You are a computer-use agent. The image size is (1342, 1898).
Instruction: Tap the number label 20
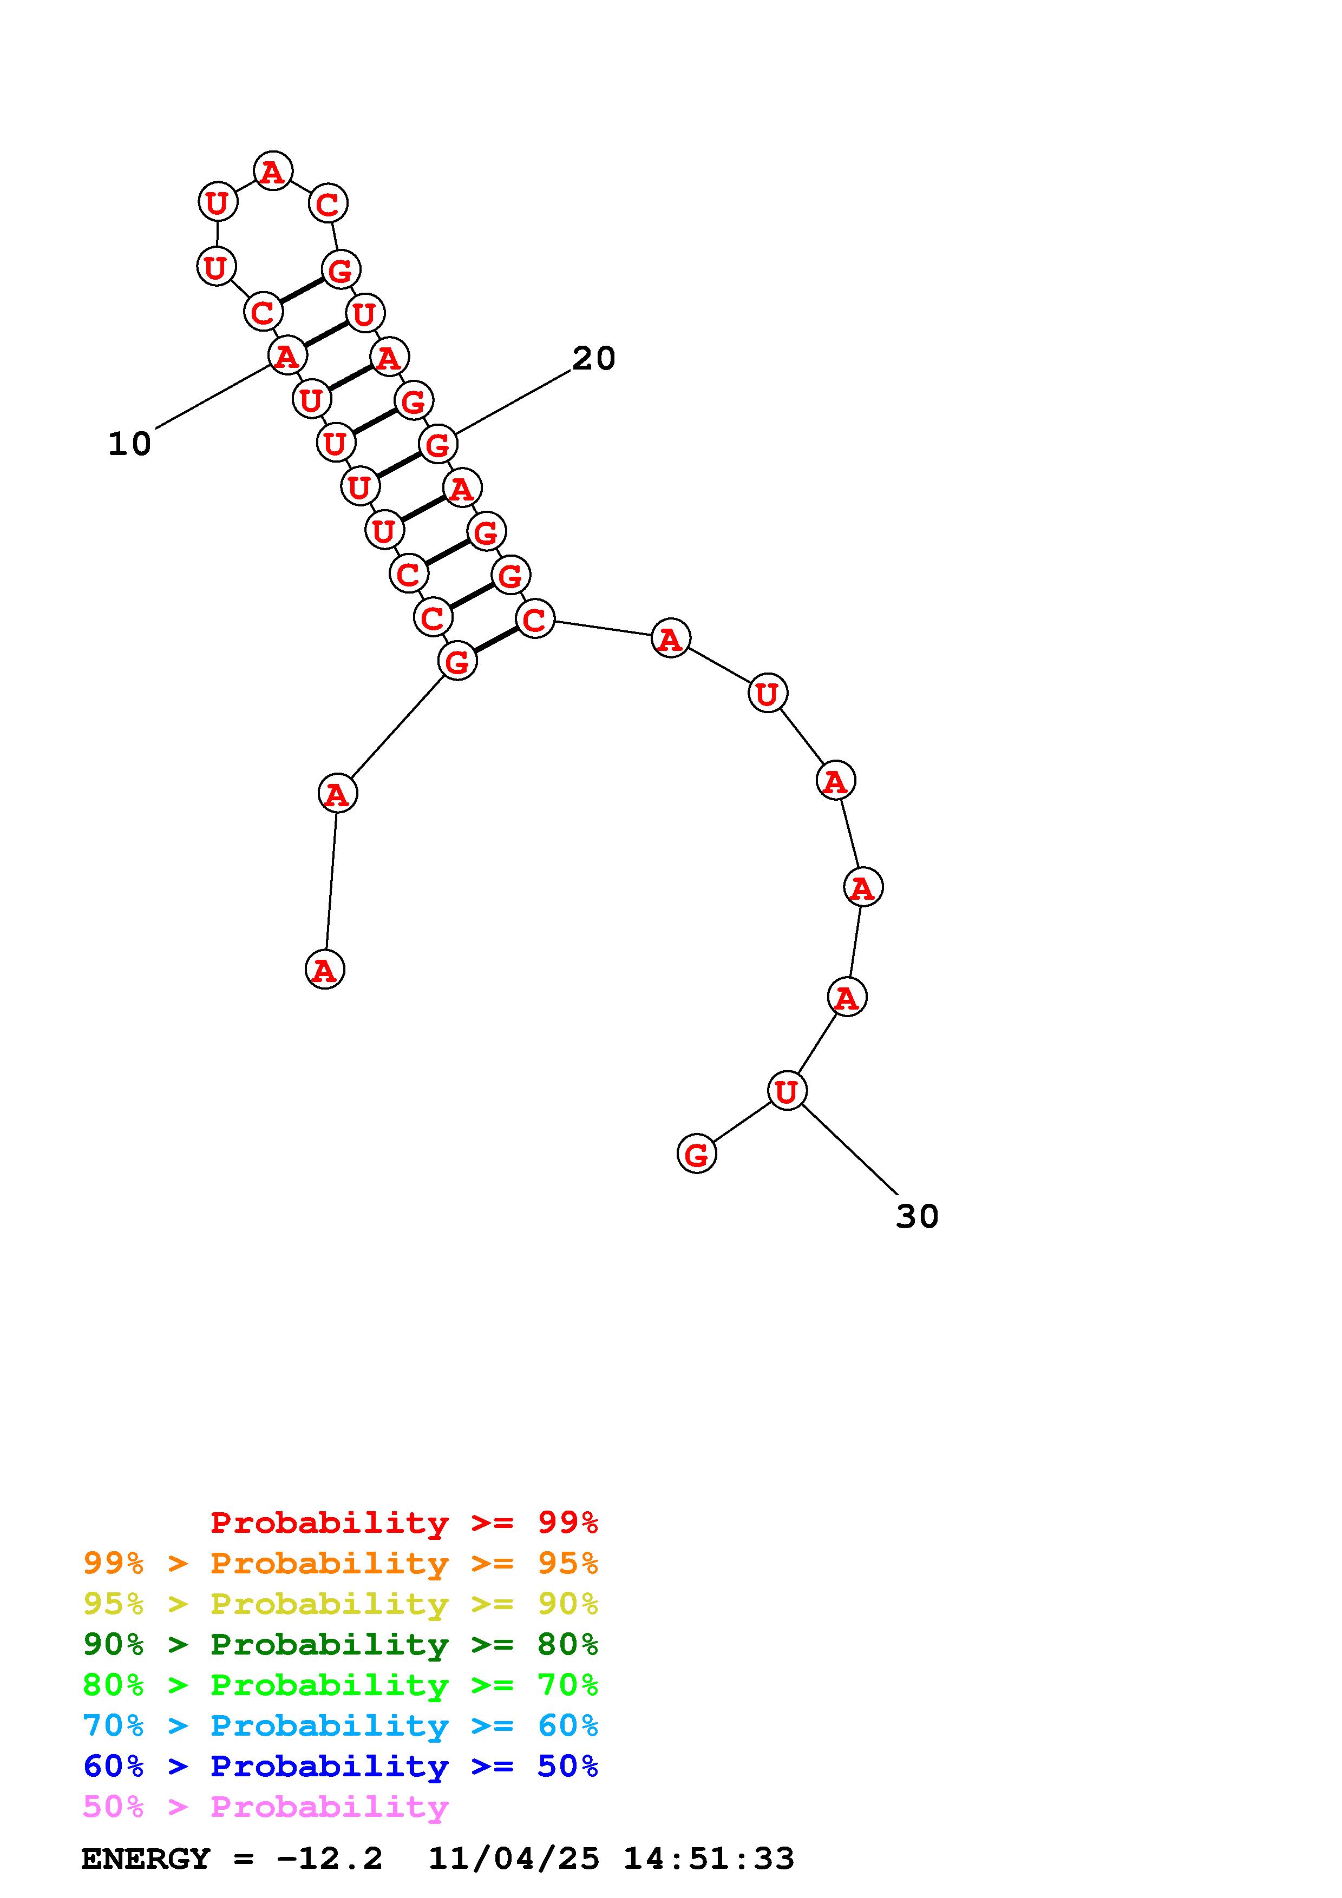click(594, 359)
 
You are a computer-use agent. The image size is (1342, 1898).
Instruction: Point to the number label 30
click(917, 1217)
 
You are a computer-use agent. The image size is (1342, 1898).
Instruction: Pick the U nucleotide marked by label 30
click(787, 1091)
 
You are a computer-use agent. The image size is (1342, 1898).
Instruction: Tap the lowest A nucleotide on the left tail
click(324, 970)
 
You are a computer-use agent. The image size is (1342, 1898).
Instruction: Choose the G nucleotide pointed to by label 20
click(437, 445)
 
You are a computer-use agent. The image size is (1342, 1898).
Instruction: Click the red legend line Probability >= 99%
click(404, 1523)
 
